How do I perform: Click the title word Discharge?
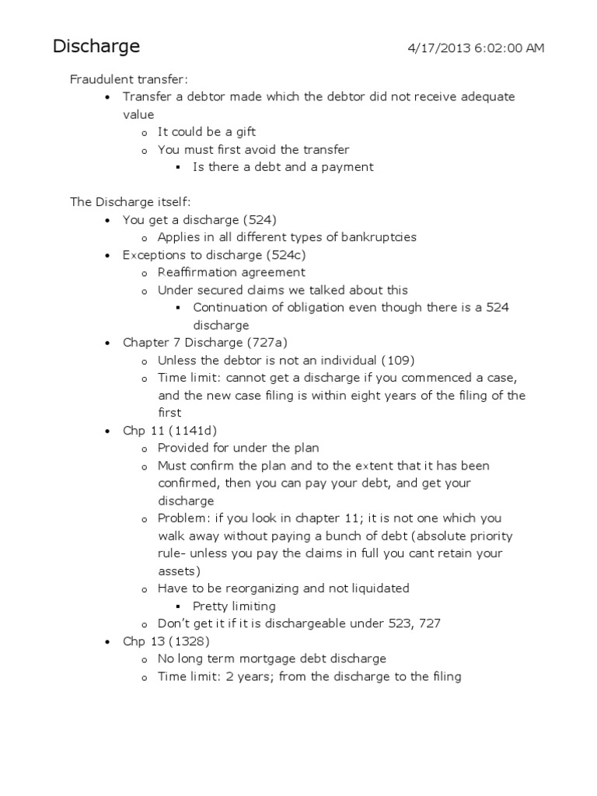click(x=96, y=47)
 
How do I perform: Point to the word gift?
click(x=242, y=131)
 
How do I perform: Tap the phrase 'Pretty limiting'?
click(x=234, y=606)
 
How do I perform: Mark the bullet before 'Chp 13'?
click(x=106, y=642)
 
